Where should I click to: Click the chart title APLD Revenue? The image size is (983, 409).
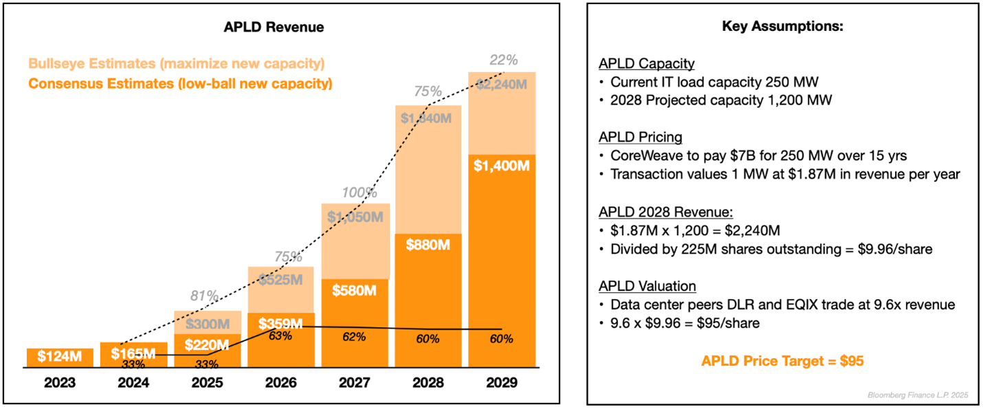pos(274,27)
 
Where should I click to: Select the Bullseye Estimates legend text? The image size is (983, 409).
pos(177,64)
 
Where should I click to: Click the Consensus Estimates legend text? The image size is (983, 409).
pos(180,84)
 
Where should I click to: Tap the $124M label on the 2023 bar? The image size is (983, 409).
pos(60,357)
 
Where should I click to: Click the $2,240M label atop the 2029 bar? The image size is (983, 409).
pos(502,85)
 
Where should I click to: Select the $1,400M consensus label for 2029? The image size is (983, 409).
pos(502,165)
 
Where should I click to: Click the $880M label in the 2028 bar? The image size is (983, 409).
pos(428,244)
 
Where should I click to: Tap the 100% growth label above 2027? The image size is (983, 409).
pos(355,193)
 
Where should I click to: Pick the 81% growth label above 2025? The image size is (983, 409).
pos(205,297)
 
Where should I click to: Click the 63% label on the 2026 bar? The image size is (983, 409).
pos(280,336)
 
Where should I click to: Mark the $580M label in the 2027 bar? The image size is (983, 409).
pos(354,290)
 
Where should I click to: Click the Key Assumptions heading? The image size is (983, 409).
pos(782,27)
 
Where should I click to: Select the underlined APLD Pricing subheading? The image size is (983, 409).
pos(641,137)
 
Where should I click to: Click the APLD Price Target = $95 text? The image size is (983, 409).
pos(782,361)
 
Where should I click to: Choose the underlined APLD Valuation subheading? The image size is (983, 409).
pos(647,286)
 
